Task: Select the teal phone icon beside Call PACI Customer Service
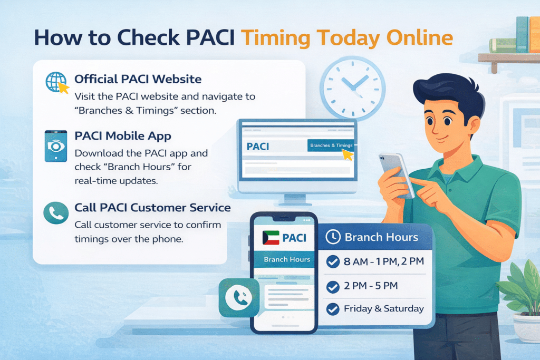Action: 56,212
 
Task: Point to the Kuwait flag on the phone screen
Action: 271,238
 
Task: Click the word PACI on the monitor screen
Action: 258,146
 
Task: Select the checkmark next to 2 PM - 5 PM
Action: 333,287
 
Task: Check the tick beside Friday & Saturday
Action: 333,309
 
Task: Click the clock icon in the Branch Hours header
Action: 333,237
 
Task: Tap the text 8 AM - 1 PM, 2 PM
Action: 380,261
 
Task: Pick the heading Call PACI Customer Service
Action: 152,208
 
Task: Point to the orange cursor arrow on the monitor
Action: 347,154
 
